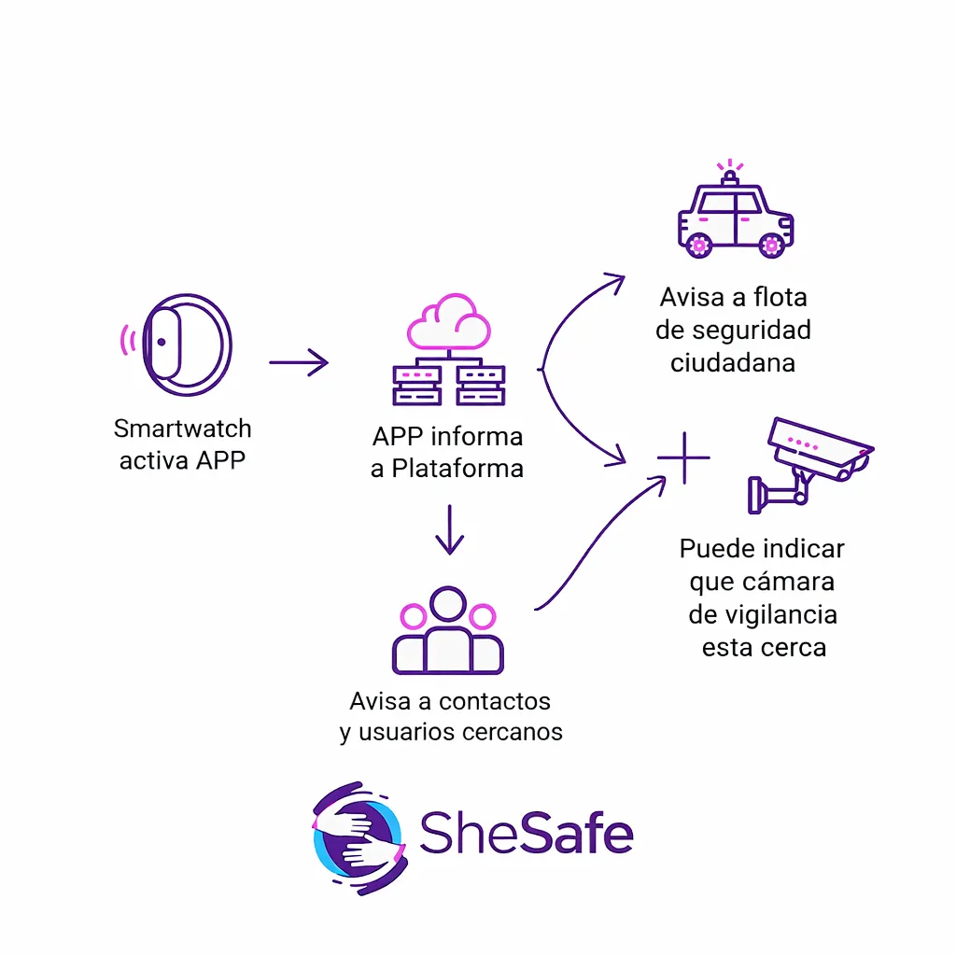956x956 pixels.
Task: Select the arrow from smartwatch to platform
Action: [299, 362]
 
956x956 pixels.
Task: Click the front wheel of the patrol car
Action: [771, 245]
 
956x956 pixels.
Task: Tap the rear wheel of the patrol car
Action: [698, 245]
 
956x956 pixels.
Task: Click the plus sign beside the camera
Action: [683, 457]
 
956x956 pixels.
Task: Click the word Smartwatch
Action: [183, 429]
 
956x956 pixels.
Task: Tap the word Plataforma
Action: [457, 468]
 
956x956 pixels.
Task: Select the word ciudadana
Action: [733, 362]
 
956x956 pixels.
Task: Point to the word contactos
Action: [495, 700]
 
